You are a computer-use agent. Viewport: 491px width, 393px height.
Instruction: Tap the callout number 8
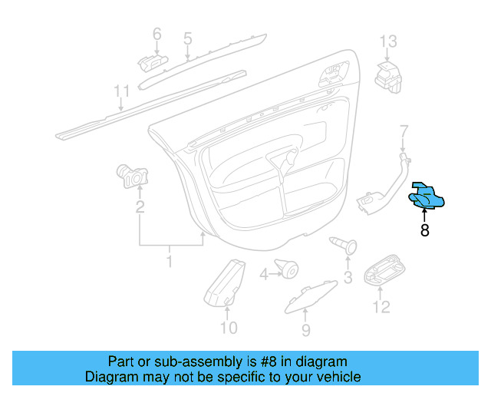coord(424,230)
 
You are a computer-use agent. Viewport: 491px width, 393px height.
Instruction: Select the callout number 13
coord(389,41)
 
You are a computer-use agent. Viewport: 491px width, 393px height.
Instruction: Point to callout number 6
coord(157,34)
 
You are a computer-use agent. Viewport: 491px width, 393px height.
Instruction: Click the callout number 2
coord(140,206)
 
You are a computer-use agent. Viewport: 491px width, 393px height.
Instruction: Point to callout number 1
coord(170,262)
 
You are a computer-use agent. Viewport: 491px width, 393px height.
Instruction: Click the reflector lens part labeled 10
coord(226,282)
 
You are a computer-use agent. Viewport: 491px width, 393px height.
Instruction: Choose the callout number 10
coord(229,329)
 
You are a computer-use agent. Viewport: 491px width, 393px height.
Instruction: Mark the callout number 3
coord(347,276)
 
